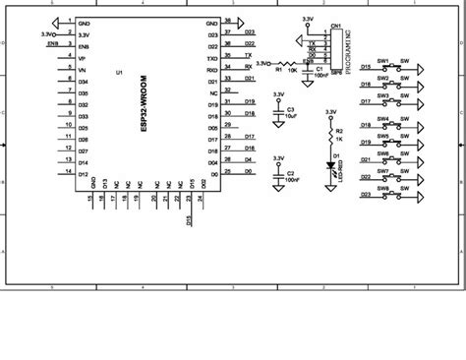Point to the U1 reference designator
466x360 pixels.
point(119,74)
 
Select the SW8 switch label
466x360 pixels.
point(382,187)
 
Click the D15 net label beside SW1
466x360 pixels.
point(366,67)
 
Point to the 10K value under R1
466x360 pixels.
point(293,71)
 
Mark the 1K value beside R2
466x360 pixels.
point(340,138)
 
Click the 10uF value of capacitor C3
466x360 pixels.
point(291,116)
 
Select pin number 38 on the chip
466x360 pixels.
point(228,20)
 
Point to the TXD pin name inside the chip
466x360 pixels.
point(212,57)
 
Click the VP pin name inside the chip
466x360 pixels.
point(82,58)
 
